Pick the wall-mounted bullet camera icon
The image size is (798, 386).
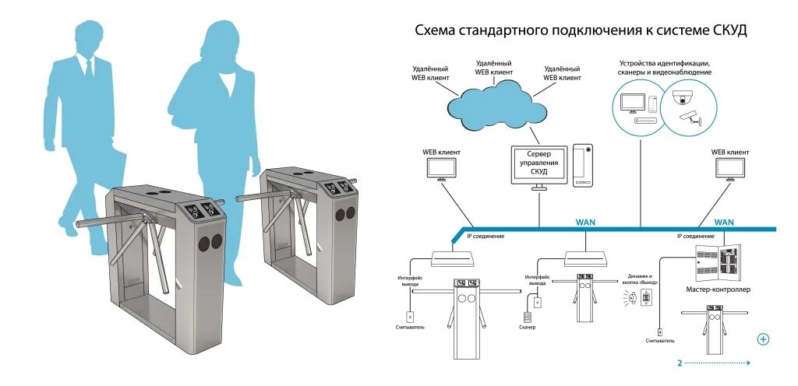(x=691, y=118)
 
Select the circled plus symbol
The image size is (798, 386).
(x=763, y=339)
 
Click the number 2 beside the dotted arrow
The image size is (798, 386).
(x=680, y=363)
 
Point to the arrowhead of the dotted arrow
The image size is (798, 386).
(x=749, y=363)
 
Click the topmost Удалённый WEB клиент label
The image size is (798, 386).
(x=493, y=67)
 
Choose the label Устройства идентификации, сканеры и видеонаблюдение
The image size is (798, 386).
(x=665, y=67)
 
